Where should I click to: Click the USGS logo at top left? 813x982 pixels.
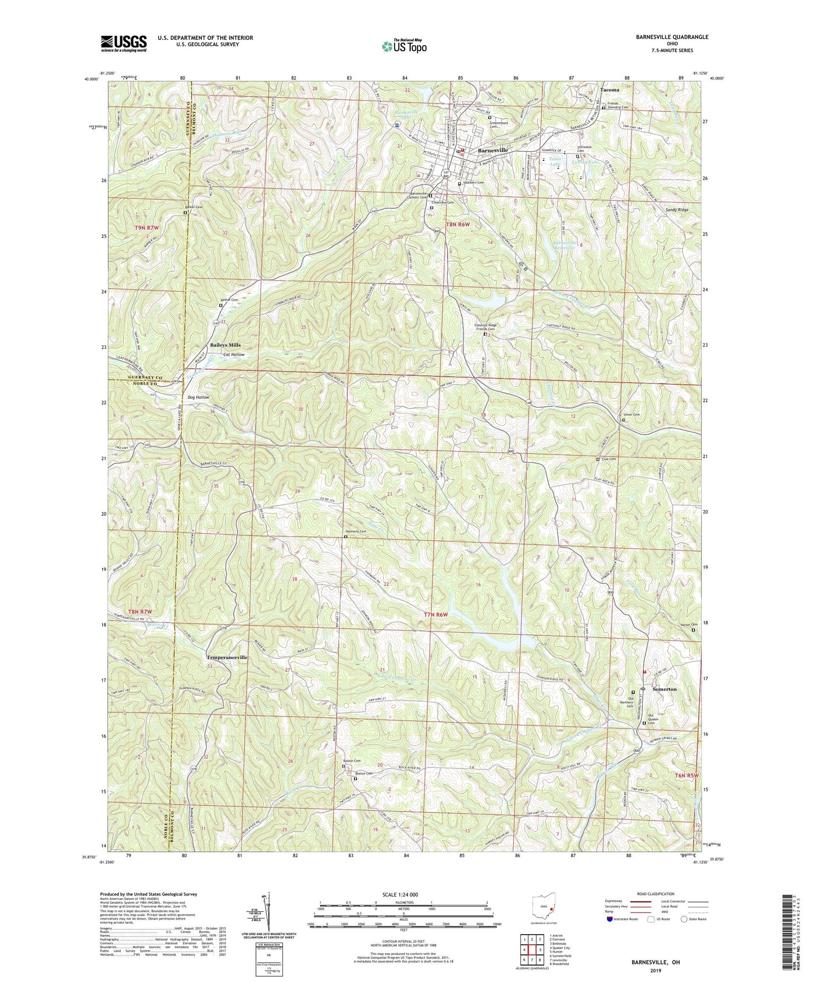click(x=124, y=43)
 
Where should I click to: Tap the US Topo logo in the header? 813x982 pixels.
click(x=404, y=46)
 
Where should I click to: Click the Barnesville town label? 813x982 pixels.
click(x=493, y=151)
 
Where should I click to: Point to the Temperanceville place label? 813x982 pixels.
click(x=227, y=657)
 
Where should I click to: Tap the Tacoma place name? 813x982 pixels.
click(x=609, y=89)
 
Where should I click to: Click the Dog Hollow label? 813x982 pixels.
click(x=198, y=397)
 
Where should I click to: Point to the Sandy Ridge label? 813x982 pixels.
click(x=677, y=209)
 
